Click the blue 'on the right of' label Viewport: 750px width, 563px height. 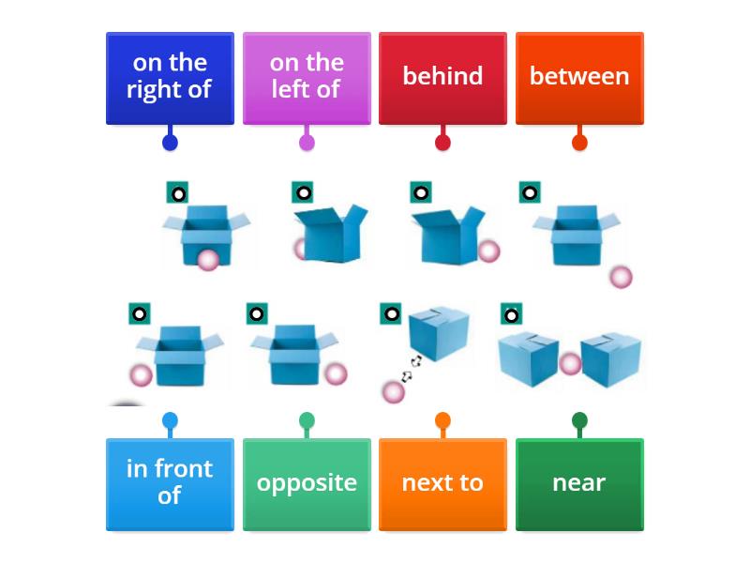pos(170,77)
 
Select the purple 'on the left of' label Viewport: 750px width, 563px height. pos(307,77)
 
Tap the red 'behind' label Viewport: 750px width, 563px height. pos(442,77)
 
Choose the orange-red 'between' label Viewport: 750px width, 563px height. pos(579,77)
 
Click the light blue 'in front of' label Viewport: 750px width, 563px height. pos(170,483)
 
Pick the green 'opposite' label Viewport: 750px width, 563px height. pos(307,483)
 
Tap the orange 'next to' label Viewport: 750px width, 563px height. pos(442,483)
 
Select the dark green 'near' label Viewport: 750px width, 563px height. pos(579,483)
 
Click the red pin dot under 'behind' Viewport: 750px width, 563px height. pos(442,143)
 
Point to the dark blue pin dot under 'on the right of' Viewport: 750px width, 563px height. pos(170,143)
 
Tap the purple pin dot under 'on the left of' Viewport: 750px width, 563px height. pos(307,143)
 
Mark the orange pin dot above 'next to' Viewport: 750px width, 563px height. pos(442,420)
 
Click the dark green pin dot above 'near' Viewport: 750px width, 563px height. pos(579,420)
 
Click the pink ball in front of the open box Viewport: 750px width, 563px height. pos(207,260)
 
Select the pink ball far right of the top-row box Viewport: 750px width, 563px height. pos(621,276)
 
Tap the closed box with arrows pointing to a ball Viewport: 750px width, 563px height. pos(439,333)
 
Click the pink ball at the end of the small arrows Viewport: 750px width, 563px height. pos(394,391)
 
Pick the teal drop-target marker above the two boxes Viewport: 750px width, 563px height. pos(511,314)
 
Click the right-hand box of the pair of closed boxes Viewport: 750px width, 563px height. pos(611,359)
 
